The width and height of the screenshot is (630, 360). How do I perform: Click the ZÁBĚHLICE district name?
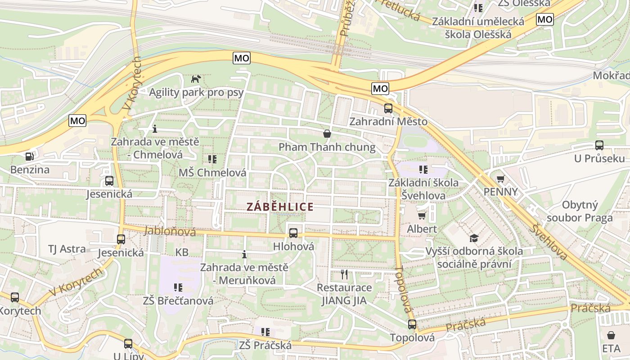[280, 207]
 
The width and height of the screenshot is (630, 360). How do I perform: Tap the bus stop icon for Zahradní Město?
[388, 108]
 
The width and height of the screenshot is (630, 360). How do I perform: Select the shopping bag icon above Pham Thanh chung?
[327, 134]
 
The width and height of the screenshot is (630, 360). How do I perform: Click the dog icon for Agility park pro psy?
[196, 79]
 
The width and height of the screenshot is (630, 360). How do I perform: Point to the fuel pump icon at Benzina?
[30, 157]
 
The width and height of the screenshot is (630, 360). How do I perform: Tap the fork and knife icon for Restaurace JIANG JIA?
[344, 274]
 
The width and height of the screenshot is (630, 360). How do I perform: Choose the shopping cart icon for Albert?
[422, 216]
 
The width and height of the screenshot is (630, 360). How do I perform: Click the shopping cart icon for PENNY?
[500, 179]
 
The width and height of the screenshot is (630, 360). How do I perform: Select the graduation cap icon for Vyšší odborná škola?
[474, 238]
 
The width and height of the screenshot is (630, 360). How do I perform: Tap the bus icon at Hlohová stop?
[293, 233]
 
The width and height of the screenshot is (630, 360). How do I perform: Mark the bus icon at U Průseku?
[599, 145]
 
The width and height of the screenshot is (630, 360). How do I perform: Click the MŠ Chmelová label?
[212, 173]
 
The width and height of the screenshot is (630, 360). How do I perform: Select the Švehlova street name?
[548, 242]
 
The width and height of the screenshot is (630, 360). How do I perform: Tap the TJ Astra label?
[67, 249]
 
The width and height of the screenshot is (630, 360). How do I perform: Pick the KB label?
[182, 252]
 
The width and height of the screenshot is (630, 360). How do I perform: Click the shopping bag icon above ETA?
[611, 335]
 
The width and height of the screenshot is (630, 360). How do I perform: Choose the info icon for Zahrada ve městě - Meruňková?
[244, 254]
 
